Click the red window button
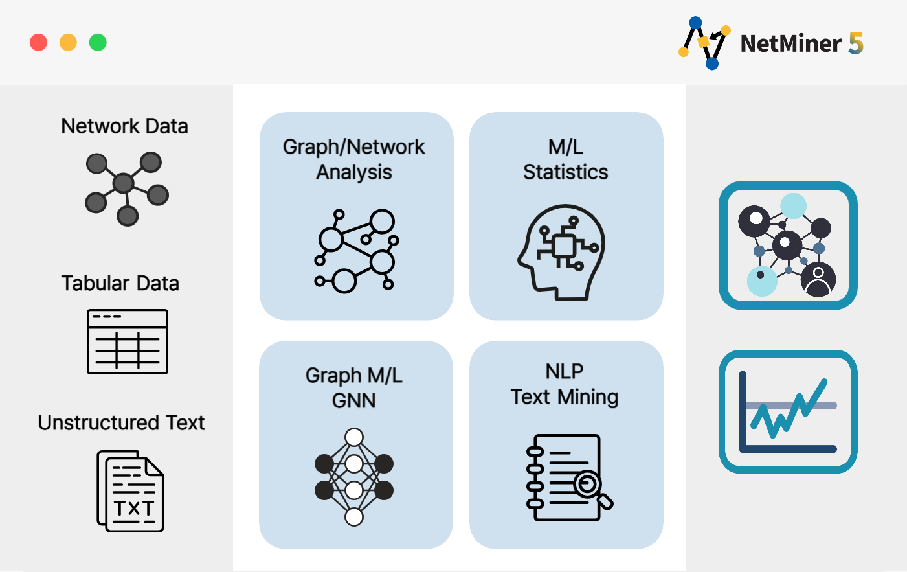[38, 43]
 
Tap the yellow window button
[68, 43]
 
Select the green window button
[98, 43]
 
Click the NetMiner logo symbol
[704, 43]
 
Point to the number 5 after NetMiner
[856, 43]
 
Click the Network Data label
[124, 126]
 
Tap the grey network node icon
[127, 189]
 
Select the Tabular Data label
[120, 283]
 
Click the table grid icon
[127, 341]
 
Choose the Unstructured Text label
[121, 422]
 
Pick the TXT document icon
[130, 491]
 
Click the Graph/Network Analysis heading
[354, 159]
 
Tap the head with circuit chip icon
[561, 253]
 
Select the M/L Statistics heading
[566, 159]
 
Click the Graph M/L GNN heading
[354, 387]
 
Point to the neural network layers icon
[354, 477]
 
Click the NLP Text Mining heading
[565, 384]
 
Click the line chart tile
[788, 411]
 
